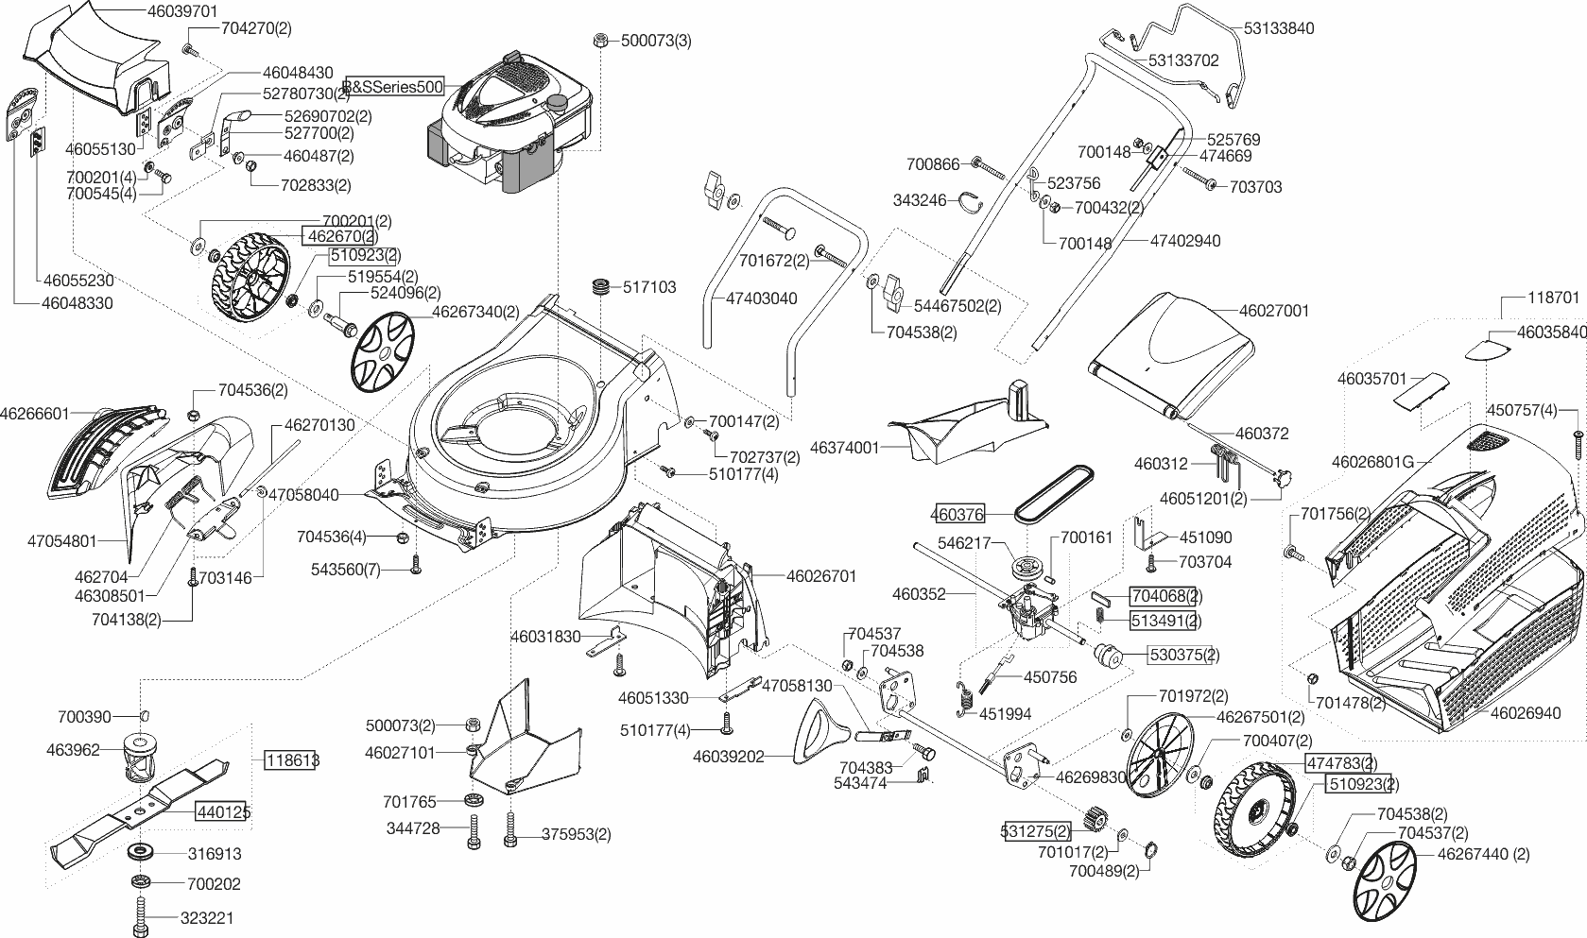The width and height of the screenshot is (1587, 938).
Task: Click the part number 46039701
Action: click(x=183, y=11)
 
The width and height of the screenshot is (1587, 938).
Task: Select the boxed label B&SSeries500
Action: click(x=394, y=87)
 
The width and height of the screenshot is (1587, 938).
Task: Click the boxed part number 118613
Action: click(x=292, y=760)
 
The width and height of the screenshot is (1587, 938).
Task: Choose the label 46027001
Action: click(x=1273, y=311)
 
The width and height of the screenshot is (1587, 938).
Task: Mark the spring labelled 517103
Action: click(x=599, y=287)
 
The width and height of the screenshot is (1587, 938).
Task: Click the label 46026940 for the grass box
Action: click(x=1525, y=713)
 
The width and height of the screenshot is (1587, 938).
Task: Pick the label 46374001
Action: click(x=844, y=448)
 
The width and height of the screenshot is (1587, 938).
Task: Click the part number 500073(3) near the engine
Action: click(x=656, y=41)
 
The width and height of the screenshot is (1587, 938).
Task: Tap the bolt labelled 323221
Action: click(x=142, y=917)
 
